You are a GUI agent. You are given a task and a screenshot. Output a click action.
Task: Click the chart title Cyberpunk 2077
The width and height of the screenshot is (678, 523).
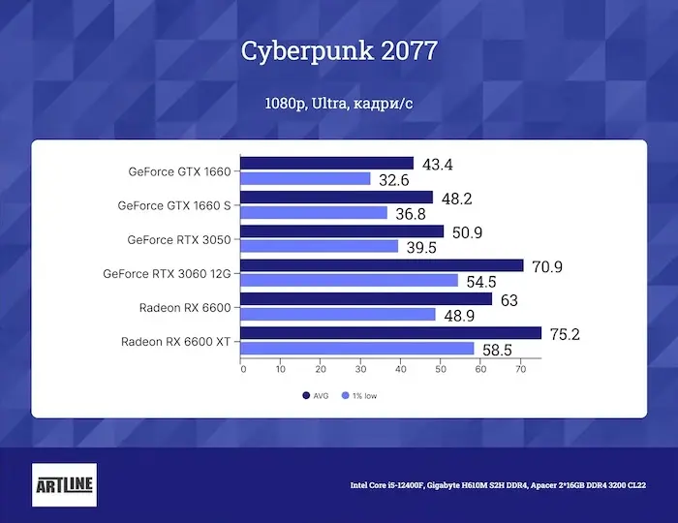click(x=338, y=49)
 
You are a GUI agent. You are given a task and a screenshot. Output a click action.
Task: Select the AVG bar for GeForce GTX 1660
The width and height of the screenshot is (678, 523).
click(x=326, y=164)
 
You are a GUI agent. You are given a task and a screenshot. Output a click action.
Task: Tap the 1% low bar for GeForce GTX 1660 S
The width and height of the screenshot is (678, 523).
click(x=314, y=213)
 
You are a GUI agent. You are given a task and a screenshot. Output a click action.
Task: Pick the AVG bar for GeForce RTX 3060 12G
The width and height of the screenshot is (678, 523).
click(x=382, y=265)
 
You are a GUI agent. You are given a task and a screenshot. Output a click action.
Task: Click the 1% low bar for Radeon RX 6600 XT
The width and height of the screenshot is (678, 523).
click(x=357, y=348)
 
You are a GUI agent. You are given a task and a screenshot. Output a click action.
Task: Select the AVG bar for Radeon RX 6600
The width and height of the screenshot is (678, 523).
click(x=366, y=299)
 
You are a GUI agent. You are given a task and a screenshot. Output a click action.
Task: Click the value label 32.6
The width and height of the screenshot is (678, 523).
click(x=394, y=180)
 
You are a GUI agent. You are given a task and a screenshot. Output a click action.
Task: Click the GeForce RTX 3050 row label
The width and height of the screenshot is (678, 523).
click(x=179, y=239)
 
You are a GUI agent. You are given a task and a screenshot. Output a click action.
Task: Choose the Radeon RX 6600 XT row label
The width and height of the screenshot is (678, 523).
click(x=175, y=341)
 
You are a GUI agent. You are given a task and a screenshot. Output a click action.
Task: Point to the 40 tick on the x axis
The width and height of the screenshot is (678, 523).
click(x=400, y=369)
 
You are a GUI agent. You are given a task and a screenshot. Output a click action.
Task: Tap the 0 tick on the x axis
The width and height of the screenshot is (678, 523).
click(x=242, y=369)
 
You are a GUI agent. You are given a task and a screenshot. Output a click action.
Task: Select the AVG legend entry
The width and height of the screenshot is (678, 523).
click(x=318, y=395)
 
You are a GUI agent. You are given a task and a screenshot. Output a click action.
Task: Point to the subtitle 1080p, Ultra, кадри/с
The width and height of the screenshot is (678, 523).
click(x=338, y=103)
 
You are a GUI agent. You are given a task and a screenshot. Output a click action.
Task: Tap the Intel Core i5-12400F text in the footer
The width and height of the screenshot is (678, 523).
click(x=385, y=485)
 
